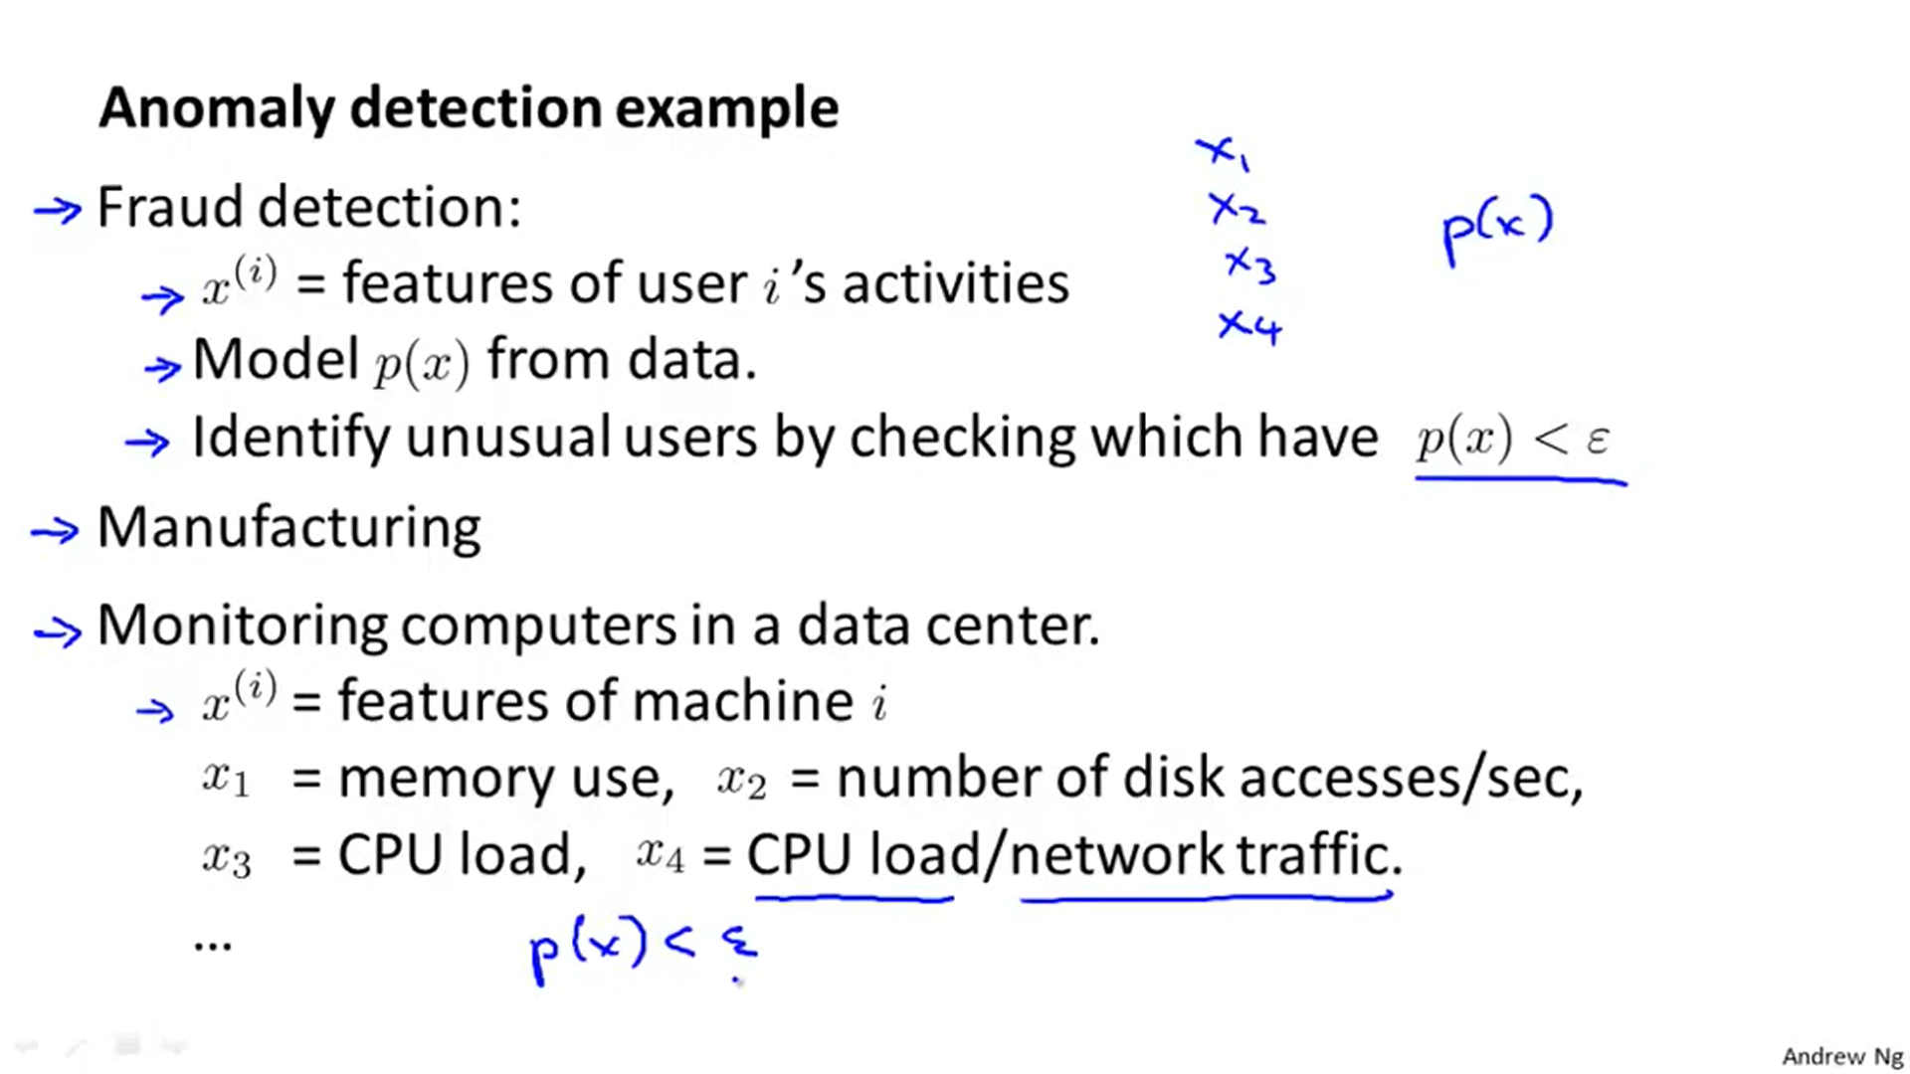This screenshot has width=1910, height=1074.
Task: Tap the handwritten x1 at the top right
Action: (1223, 153)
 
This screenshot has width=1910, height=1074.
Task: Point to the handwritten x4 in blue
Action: (1250, 326)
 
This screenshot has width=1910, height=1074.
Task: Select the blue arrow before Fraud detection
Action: (57, 210)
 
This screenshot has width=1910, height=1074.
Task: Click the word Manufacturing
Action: (288, 527)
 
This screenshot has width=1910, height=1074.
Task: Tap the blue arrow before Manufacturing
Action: (55, 532)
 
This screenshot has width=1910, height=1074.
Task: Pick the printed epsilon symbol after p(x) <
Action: (1598, 439)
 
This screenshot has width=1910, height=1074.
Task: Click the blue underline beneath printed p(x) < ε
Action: (1520, 480)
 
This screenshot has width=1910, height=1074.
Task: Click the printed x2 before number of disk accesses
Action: (742, 780)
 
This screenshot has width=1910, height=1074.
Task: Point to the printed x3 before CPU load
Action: (227, 857)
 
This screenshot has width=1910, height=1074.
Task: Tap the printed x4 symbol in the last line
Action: (661, 854)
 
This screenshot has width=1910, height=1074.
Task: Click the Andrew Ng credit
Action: (1841, 1056)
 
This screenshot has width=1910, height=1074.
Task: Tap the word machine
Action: (742, 702)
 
